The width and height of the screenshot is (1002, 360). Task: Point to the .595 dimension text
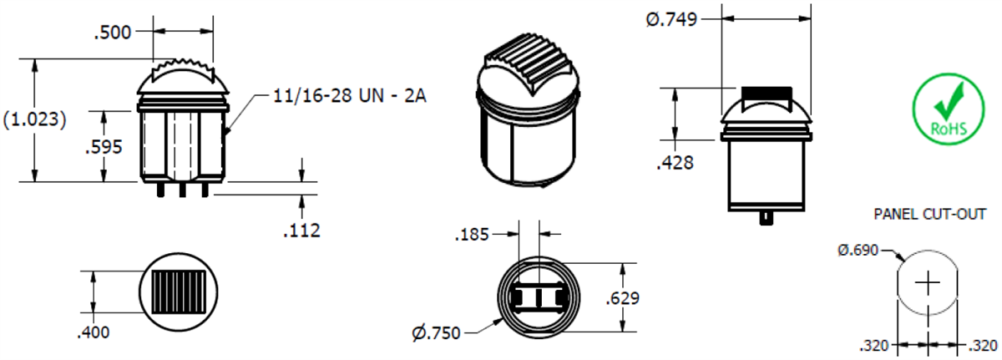(104, 146)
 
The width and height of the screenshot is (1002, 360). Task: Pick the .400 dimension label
(93, 332)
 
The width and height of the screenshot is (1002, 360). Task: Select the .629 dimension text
(624, 298)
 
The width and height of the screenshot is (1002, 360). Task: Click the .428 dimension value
(676, 164)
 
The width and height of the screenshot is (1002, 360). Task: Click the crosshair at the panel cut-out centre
(927, 284)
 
